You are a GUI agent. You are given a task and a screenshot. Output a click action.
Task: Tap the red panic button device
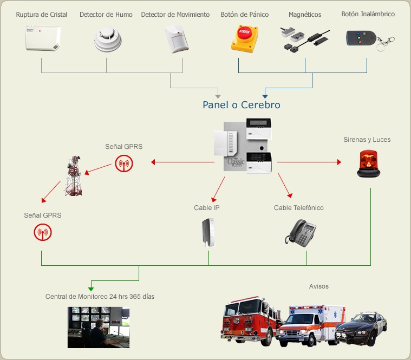pos(244,39)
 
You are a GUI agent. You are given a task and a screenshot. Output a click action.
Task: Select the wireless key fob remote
pos(363,38)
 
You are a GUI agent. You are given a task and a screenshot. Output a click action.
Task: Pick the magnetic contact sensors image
pos(304,40)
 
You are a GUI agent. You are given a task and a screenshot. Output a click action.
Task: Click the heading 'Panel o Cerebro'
pos(242,104)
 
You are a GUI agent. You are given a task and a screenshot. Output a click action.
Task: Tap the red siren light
pos(368,163)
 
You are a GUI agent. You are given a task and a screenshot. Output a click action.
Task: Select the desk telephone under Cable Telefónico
pos(301,233)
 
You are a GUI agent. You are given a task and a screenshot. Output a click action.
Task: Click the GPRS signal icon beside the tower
pos(123,163)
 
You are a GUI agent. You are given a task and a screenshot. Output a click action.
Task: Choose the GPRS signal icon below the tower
pos(42,233)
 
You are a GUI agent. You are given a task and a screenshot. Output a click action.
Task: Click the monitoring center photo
pos(99,327)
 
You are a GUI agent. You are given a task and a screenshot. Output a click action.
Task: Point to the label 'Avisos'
pos(319,286)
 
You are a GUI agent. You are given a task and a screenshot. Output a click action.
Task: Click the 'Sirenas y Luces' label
pos(367,140)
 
